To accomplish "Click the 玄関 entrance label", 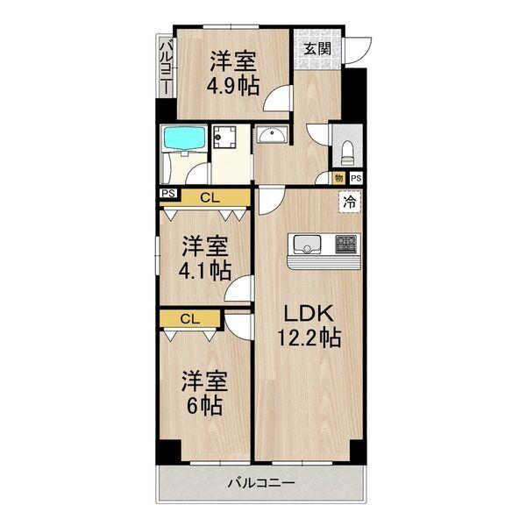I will (x=318, y=49).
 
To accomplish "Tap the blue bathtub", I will (x=183, y=139).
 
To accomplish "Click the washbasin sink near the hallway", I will (x=273, y=138).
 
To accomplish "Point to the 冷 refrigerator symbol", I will (x=350, y=202).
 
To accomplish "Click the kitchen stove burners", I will (x=345, y=243).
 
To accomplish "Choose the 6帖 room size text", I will (x=203, y=406).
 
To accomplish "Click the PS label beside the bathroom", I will (x=167, y=194).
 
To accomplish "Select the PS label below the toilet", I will (x=355, y=179).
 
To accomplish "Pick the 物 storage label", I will (x=339, y=179).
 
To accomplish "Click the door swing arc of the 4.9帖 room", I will (x=279, y=98).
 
